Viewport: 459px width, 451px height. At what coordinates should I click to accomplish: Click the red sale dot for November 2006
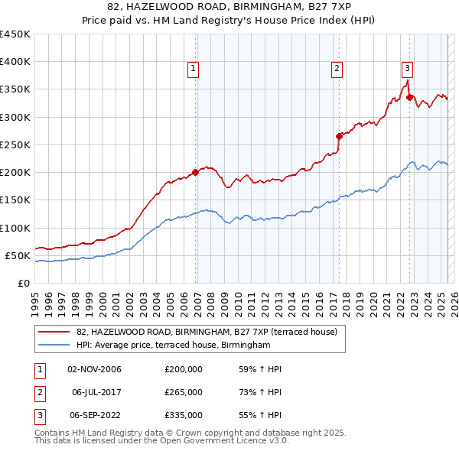point(195,172)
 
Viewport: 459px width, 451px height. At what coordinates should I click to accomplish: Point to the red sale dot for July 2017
point(339,136)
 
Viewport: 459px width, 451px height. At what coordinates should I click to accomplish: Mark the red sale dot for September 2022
point(409,97)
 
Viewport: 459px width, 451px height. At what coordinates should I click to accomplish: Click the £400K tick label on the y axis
point(15,62)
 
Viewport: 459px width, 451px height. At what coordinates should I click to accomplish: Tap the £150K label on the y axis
point(15,200)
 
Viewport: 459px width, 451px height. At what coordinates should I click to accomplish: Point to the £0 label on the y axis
point(23,283)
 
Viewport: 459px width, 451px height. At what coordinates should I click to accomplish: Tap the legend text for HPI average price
point(174,346)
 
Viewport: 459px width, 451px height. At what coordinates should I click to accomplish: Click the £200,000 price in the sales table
point(184,369)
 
